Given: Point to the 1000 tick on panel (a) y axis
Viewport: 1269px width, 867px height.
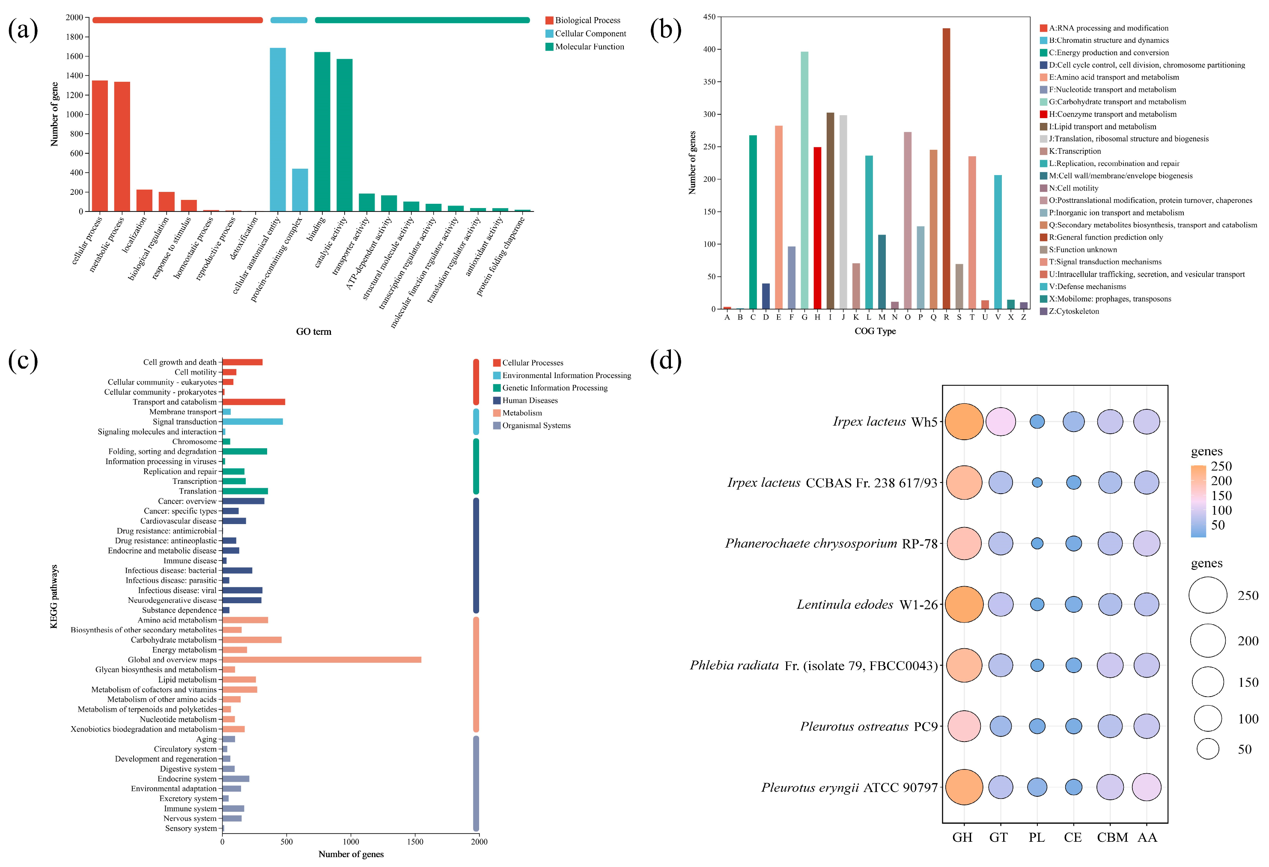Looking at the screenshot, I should click(x=75, y=114).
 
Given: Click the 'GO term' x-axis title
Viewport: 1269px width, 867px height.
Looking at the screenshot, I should click(x=313, y=331).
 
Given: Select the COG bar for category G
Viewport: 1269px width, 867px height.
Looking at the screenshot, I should click(x=804, y=180).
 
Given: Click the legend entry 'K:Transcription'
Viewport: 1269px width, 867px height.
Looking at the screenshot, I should click(x=1074, y=151).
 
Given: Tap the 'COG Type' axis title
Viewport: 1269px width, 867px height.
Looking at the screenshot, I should click(x=875, y=331).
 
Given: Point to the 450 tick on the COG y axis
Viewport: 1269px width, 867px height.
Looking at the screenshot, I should click(x=709, y=17).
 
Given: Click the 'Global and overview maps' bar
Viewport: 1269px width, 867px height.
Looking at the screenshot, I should click(x=322, y=659).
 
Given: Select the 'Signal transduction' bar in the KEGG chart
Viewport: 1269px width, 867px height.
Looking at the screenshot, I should click(x=252, y=421).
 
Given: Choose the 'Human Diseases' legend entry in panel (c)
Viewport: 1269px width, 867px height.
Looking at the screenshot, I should click(x=530, y=400).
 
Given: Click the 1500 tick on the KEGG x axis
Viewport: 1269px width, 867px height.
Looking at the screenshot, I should click(x=415, y=841).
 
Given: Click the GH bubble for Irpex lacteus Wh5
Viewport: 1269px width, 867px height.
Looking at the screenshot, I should click(x=964, y=421).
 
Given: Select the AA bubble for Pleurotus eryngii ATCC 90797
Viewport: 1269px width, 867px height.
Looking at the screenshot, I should click(x=1147, y=787).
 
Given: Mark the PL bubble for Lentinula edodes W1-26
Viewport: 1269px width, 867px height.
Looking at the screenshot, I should click(x=1037, y=605).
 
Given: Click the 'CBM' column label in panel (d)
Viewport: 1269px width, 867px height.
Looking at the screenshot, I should click(x=1112, y=837).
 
